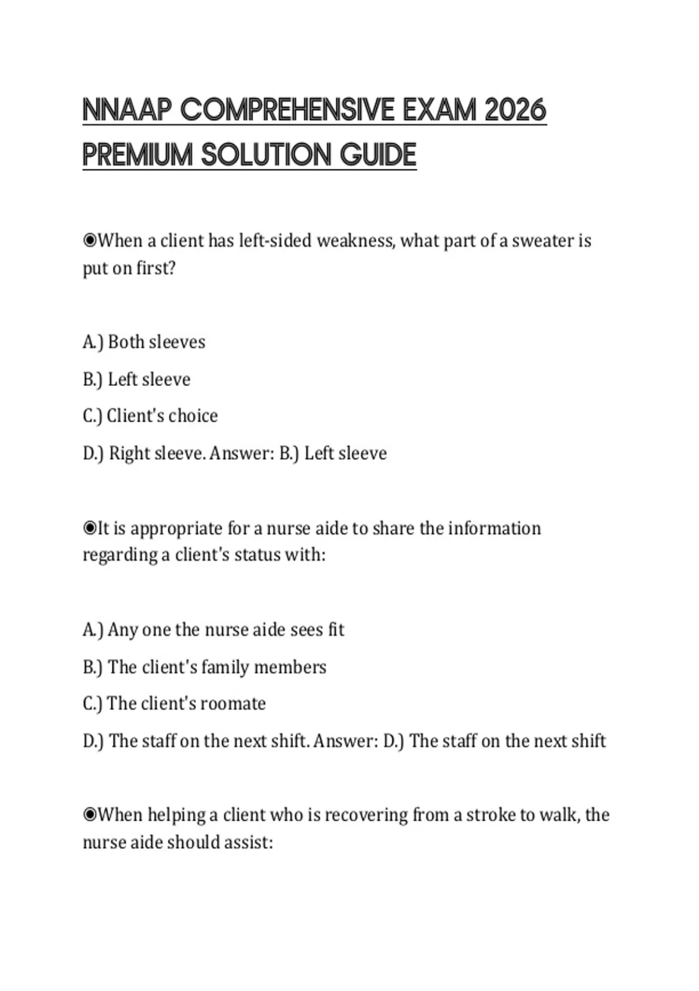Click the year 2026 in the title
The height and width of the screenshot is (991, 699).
515,110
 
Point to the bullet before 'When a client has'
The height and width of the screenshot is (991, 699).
90,240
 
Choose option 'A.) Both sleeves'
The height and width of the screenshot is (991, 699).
144,342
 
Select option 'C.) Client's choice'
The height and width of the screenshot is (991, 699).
150,416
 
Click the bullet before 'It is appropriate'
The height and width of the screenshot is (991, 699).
90,528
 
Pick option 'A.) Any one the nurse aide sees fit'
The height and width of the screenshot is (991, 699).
213,630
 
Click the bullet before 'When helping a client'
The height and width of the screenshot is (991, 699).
90,814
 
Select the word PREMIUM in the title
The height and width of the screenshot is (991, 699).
137,155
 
